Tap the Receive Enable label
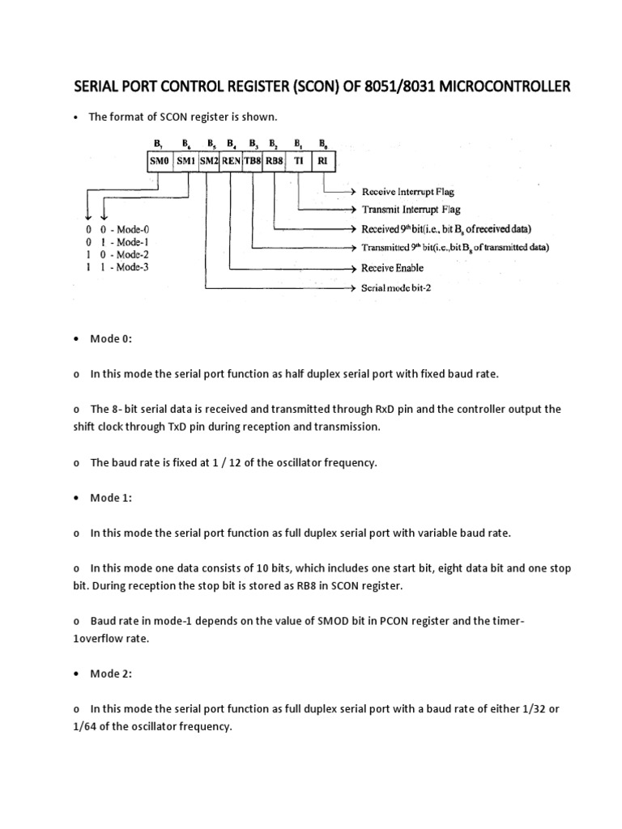[x=392, y=267]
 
